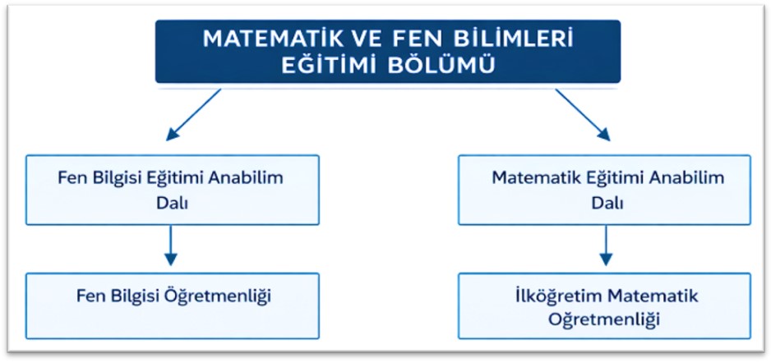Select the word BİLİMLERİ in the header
[514, 39]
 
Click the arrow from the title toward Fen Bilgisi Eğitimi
[194, 114]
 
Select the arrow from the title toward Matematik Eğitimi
[583, 114]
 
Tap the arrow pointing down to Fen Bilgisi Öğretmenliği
[171, 245]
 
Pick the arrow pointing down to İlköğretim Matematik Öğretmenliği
[607, 245]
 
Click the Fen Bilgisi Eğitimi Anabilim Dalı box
[173, 190]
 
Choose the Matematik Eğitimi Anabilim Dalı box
[605, 190]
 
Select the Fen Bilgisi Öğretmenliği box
[173, 306]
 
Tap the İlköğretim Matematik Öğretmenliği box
[605, 306]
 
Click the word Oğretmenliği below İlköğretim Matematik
[604, 319]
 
